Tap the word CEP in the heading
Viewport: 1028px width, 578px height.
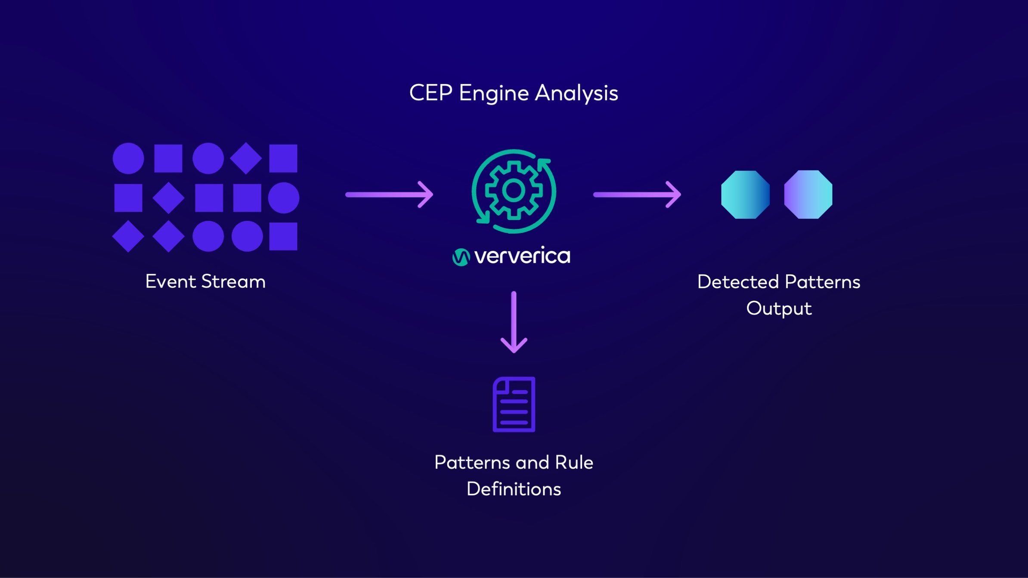430,93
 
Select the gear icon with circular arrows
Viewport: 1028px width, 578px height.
514,191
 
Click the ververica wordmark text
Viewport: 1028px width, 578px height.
522,256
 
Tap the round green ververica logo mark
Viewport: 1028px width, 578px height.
461,257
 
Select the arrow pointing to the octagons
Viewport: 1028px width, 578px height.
637,195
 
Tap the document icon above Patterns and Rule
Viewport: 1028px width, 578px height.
514,404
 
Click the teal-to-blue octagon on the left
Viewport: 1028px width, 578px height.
745,195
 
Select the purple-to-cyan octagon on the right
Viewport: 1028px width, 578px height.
808,195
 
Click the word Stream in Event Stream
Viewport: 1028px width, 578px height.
233,281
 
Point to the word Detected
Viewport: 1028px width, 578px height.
738,282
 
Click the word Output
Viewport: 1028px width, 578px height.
779,309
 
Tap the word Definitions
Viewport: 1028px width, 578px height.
514,489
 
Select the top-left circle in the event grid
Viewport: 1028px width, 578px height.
128,158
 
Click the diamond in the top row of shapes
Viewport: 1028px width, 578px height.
246,158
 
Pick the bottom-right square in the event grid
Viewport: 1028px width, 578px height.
283,236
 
